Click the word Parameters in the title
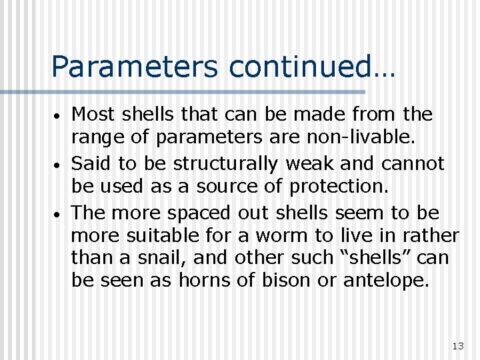pyautogui.click(x=135, y=67)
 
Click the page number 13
pyautogui.click(x=457, y=345)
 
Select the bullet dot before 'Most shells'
pyautogui.click(x=59, y=117)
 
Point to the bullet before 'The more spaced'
pyautogui.click(x=59, y=215)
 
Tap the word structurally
pyautogui.click(x=219, y=164)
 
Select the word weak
pyautogui.click(x=307, y=164)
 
